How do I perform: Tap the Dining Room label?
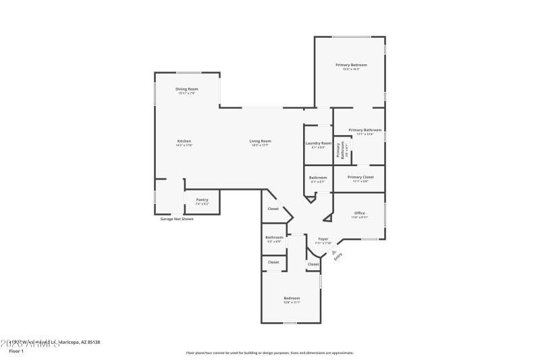coord(186,89)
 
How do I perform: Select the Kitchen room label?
coord(184,141)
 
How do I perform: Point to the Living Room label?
coord(261,141)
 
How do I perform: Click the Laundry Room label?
coord(318,143)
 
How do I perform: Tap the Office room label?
coord(359,213)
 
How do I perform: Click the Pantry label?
coord(202,199)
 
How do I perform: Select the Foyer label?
coord(323,239)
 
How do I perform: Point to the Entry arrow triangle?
coord(333,251)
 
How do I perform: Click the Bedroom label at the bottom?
coord(292,298)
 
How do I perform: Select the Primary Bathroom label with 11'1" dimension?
coord(364,130)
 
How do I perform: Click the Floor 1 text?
coord(16,351)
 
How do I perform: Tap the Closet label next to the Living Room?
coord(273,209)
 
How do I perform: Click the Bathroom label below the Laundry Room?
coord(317,177)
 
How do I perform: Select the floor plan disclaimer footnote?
coord(269,353)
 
